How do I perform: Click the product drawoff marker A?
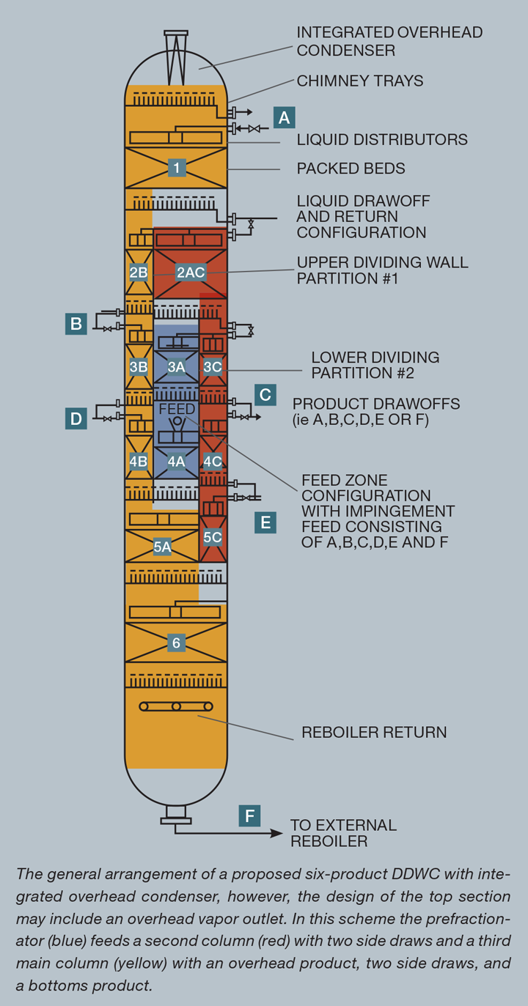tap(284, 117)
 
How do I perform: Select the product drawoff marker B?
tap(76, 323)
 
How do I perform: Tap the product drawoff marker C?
tap(265, 395)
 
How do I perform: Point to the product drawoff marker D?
tap(76, 418)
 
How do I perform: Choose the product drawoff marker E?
tap(265, 522)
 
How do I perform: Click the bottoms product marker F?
tap(249, 815)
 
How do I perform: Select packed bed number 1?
tap(176, 168)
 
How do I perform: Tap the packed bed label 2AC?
tap(191, 273)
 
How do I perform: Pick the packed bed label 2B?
tap(139, 273)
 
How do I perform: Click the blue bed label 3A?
tap(176, 366)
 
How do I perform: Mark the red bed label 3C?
tap(213, 366)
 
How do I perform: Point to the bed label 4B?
tap(139, 462)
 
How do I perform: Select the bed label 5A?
tap(162, 546)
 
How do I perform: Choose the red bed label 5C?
tap(213, 537)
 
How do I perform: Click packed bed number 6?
tap(176, 643)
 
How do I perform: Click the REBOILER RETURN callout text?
tap(374, 732)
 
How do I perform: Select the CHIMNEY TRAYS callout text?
tap(359, 81)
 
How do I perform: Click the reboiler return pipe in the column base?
tap(176, 706)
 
